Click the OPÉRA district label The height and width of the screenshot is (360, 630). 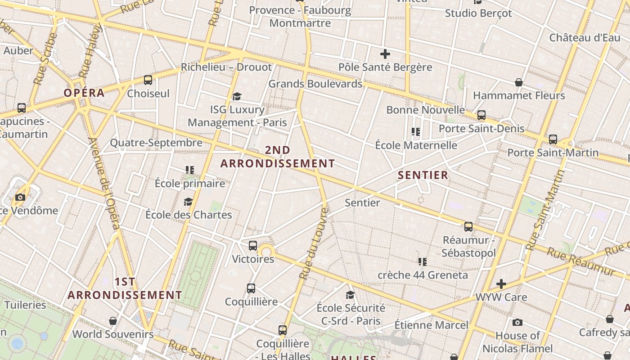point(84,93)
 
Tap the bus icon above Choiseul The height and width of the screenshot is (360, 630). point(148,81)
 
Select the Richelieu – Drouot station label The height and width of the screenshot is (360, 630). point(226,67)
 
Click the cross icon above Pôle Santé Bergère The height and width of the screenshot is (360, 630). point(385,54)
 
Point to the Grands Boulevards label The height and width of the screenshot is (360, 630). point(315,84)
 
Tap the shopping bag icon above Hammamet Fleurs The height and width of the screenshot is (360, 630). point(519,82)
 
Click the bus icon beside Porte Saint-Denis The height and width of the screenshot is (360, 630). point(481,115)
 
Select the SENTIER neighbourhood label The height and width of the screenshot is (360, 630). point(423,175)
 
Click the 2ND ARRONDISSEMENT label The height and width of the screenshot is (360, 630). point(278,157)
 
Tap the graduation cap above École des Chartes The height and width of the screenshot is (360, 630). point(188,202)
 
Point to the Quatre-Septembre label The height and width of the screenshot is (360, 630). point(156,143)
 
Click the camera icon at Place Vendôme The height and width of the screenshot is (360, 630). point(20,197)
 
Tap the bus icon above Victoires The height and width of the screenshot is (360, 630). point(253,246)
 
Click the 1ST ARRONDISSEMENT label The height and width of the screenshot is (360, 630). point(125,288)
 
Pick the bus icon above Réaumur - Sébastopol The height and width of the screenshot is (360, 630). point(468,226)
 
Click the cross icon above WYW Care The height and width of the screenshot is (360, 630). point(501,284)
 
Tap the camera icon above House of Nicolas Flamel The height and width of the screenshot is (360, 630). point(517,322)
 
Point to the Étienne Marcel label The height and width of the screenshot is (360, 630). point(431,325)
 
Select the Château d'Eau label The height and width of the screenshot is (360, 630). point(585,37)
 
